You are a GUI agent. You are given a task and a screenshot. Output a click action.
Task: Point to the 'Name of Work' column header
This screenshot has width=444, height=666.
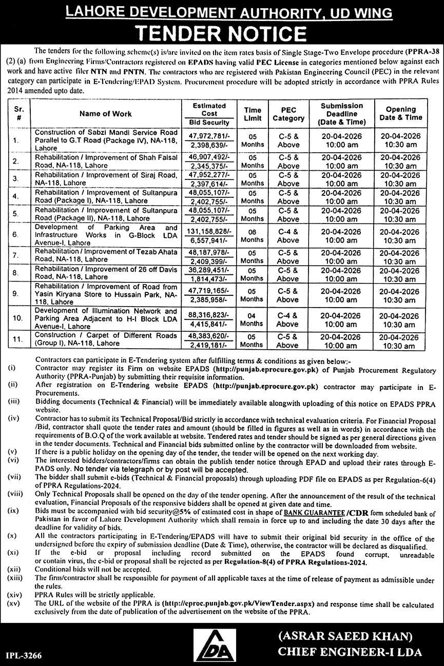pyautogui.click(x=105, y=114)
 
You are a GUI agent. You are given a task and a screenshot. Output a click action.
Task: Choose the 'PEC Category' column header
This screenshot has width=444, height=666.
pyautogui.click(x=288, y=114)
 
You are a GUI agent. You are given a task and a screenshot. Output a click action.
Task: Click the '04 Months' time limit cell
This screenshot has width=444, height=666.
pyautogui.click(x=252, y=319)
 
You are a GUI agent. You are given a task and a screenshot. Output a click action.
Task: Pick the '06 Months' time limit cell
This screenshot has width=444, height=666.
pyautogui.click(x=252, y=235)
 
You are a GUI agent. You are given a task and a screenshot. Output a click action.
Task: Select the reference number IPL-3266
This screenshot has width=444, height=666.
pyautogui.click(x=25, y=655)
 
